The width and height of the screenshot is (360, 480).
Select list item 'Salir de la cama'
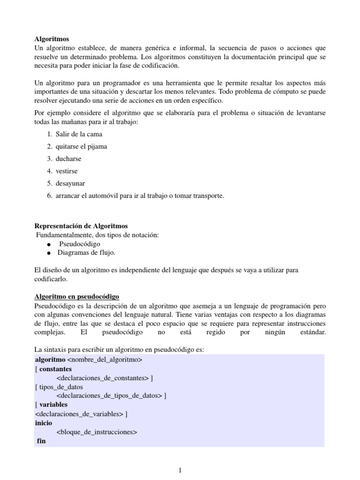[x=79, y=134]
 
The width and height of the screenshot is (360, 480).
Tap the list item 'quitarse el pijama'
[x=81, y=146]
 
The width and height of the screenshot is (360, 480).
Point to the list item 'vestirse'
[x=67, y=171]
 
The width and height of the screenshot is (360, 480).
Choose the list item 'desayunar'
[x=70, y=183]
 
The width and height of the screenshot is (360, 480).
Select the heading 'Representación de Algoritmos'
[x=81, y=226]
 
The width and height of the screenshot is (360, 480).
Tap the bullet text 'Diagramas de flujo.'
[x=86, y=253]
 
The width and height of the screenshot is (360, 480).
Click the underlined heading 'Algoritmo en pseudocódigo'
[x=77, y=296]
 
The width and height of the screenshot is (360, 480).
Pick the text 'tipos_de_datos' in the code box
[x=61, y=387]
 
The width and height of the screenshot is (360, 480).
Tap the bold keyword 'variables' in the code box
[x=53, y=404]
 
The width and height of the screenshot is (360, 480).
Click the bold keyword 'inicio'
[x=44, y=422]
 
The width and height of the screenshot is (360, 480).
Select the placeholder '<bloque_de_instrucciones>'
[x=96, y=431]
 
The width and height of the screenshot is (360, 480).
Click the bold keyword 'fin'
[x=41, y=441]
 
